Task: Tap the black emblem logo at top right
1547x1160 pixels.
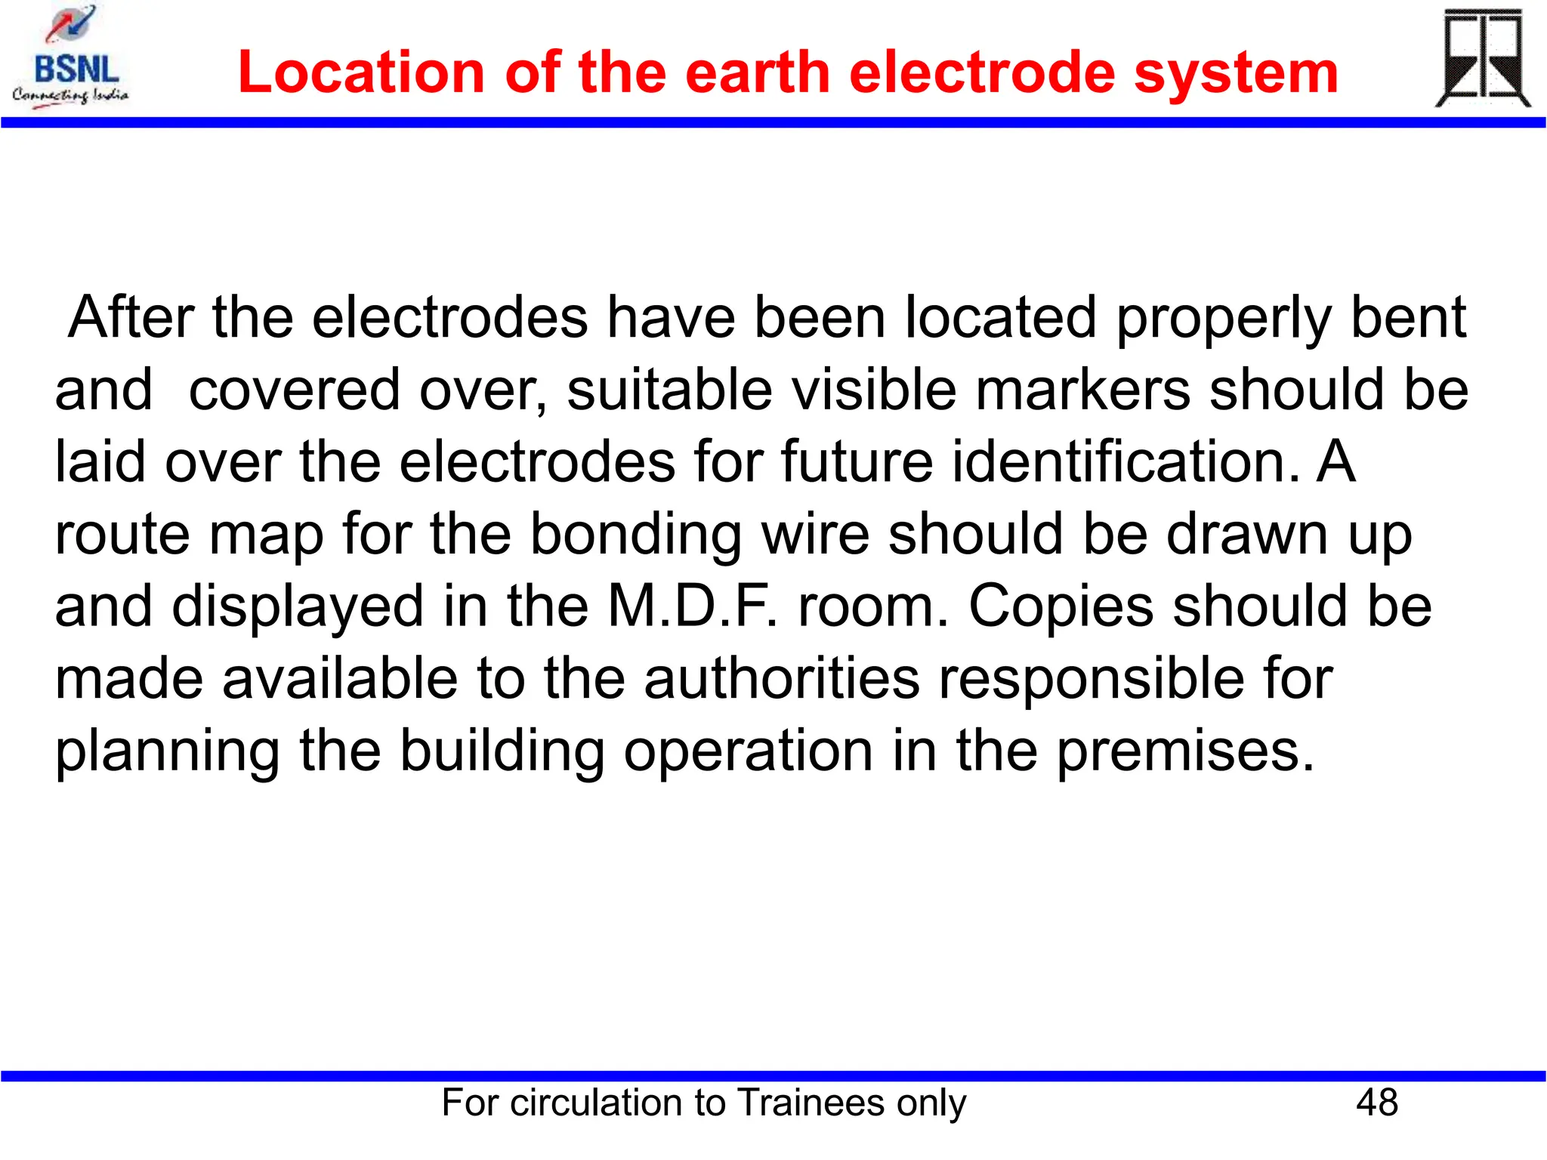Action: coord(1482,59)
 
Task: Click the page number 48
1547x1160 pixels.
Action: coord(1376,1103)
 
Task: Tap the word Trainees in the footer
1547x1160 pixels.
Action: coord(810,1103)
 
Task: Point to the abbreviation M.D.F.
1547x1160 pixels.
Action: coord(692,606)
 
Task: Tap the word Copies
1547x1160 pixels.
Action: coord(1061,606)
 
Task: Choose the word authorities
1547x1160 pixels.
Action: coord(782,678)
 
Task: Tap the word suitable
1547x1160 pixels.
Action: coord(669,390)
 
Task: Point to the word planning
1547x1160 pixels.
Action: coord(168,752)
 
